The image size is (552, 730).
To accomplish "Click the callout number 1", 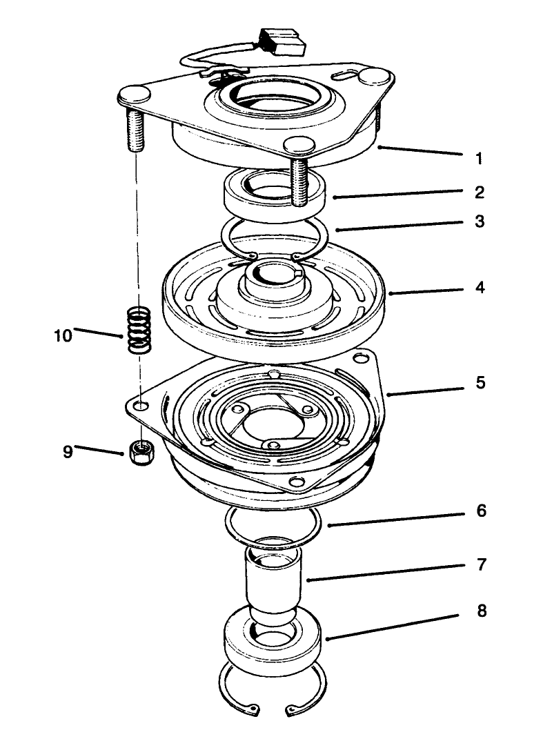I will tap(479, 159).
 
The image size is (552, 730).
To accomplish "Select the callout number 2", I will tap(479, 191).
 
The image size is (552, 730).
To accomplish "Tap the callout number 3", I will tap(479, 221).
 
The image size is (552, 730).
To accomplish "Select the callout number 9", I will tap(68, 453).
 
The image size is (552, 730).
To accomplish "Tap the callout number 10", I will tap(63, 336).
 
